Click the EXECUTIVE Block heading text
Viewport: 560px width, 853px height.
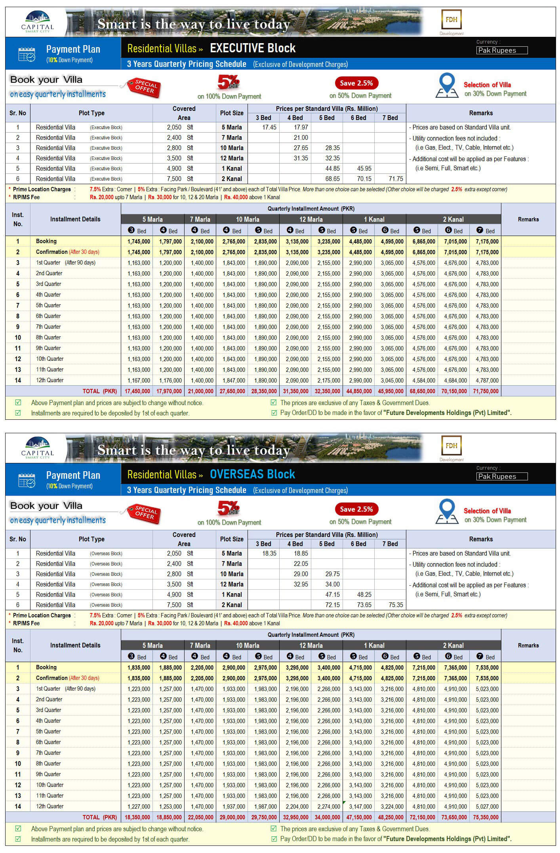pyautogui.click(x=252, y=48)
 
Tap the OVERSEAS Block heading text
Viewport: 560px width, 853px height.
pyautogui.click(x=252, y=474)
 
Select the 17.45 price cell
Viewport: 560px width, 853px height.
pyautogui.click(x=269, y=127)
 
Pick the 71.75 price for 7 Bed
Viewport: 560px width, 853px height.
pyautogui.click(x=396, y=179)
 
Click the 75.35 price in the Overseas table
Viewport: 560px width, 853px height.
pyautogui.click(x=396, y=605)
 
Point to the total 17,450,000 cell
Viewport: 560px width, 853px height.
pyautogui.click(x=137, y=391)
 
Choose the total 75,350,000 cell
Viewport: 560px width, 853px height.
pyautogui.click(x=487, y=817)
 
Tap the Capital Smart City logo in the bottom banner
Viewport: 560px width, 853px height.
pyautogui.click(x=38, y=448)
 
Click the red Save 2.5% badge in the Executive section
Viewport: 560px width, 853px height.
pyautogui.click(x=356, y=83)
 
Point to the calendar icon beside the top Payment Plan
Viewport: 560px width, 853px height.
pyautogui.click(x=27, y=54)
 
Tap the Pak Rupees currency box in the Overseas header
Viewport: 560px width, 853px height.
pyautogui.click(x=502, y=476)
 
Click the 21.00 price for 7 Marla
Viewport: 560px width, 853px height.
pyautogui.click(x=301, y=137)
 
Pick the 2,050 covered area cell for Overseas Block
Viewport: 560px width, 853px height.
pyautogui.click(x=174, y=553)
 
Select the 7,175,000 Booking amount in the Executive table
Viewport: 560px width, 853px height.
pyautogui.click(x=487, y=241)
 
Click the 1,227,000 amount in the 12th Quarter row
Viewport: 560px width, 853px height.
pyautogui.click(x=139, y=806)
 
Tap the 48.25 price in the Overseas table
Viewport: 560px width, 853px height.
pyautogui.click(x=364, y=594)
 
